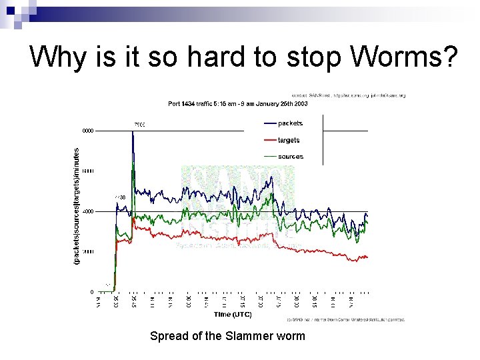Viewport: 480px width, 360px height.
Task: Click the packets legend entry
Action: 289,123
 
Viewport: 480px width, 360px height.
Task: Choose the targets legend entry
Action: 288,140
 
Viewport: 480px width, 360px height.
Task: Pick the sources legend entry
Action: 289,157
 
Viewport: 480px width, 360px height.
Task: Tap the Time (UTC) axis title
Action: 233,314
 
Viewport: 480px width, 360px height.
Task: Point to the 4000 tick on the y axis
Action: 88,211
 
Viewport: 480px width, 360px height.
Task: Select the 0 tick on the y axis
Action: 92,292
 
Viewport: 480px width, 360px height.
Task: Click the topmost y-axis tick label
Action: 88,131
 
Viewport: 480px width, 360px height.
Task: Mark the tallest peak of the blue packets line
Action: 133,133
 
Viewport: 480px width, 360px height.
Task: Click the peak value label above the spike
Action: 139,125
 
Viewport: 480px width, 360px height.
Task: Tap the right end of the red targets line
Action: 367,257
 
